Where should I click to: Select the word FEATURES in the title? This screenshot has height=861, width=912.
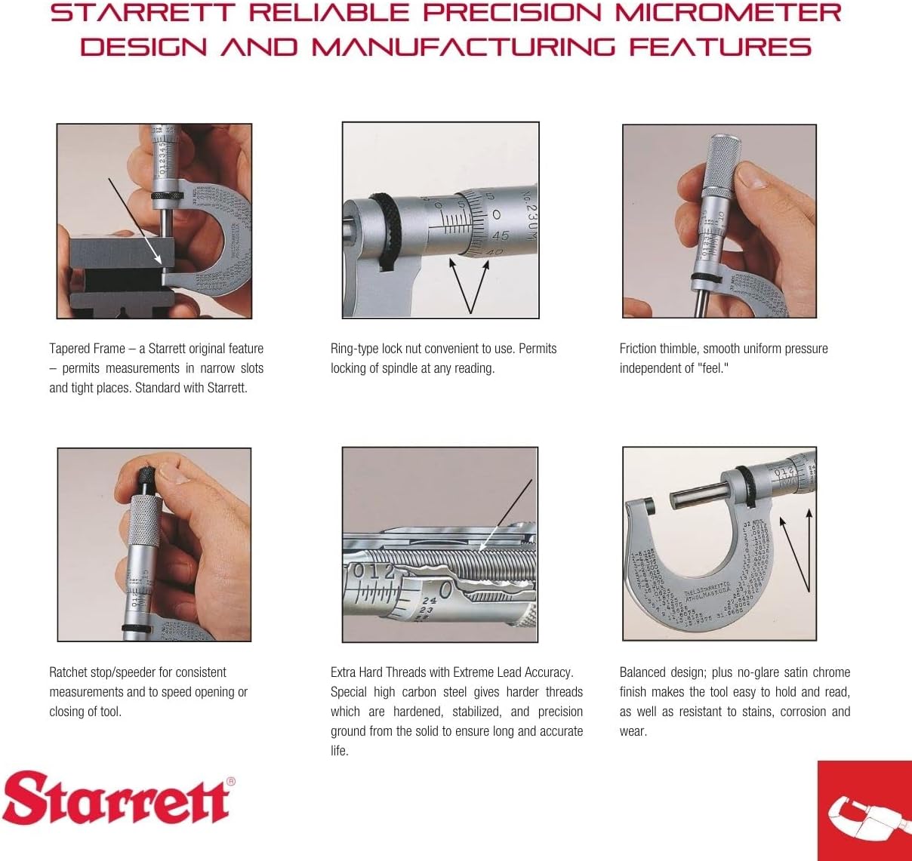720,48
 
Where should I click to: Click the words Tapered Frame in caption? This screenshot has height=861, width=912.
87,349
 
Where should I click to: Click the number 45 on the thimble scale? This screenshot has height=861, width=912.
500,235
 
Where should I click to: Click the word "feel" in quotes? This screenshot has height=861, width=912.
712,368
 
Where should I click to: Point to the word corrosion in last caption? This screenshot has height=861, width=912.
802,712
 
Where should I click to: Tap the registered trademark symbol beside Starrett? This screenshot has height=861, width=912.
231,782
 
